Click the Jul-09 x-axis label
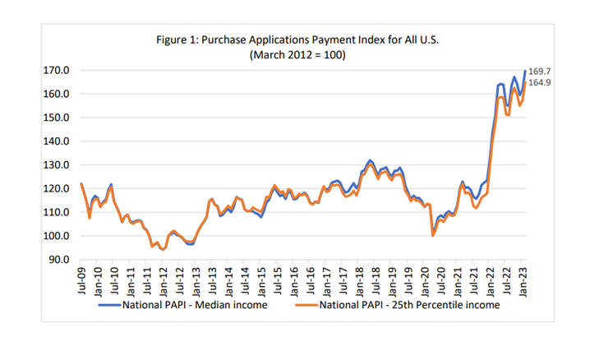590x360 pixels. coord(81,278)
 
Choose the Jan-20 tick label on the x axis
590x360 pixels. coord(427,278)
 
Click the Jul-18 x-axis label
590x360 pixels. coord(378,278)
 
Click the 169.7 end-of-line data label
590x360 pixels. coord(540,72)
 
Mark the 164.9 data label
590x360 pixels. coord(540,83)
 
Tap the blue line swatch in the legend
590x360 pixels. coord(109,304)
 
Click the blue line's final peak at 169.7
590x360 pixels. coord(525,72)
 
